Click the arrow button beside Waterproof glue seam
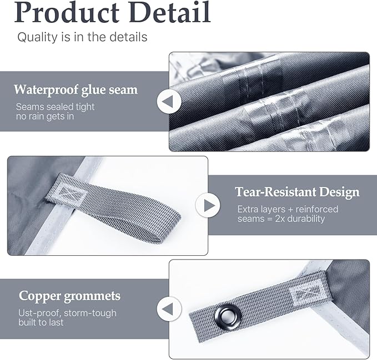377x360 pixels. point(169,102)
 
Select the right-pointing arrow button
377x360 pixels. point(208,205)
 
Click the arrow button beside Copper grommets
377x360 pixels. point(169,308)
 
